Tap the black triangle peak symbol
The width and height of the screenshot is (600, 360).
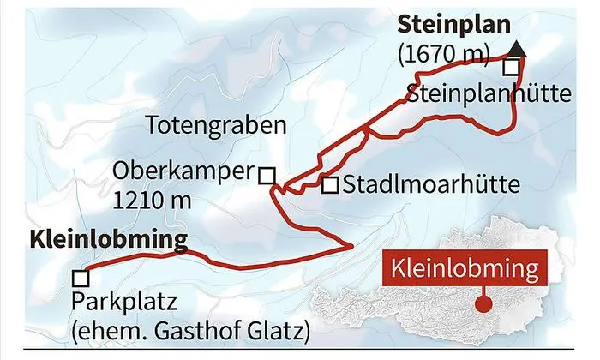521,49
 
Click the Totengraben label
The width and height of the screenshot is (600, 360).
214,127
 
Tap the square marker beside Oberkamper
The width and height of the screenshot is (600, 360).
267,175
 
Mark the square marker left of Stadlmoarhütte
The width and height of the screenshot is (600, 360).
329,184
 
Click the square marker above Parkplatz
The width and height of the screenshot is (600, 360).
81,278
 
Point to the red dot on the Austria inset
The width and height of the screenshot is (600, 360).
486,303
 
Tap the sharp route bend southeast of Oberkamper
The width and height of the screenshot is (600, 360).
351,246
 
